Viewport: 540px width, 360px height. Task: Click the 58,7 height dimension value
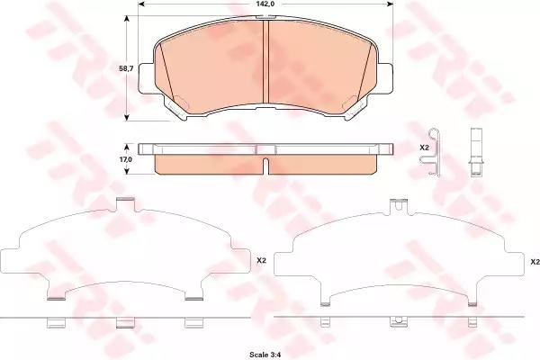point(126,68)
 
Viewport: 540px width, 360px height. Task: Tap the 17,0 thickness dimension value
point(126,159)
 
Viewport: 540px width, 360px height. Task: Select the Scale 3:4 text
point(265,354)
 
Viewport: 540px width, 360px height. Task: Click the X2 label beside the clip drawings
point(424,148)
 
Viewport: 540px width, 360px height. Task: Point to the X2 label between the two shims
point(261,261)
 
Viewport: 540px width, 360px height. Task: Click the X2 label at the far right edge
point(535,262)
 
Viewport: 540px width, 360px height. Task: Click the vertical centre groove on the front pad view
point(265,61)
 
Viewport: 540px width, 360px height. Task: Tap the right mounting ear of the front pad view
point(385,78)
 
